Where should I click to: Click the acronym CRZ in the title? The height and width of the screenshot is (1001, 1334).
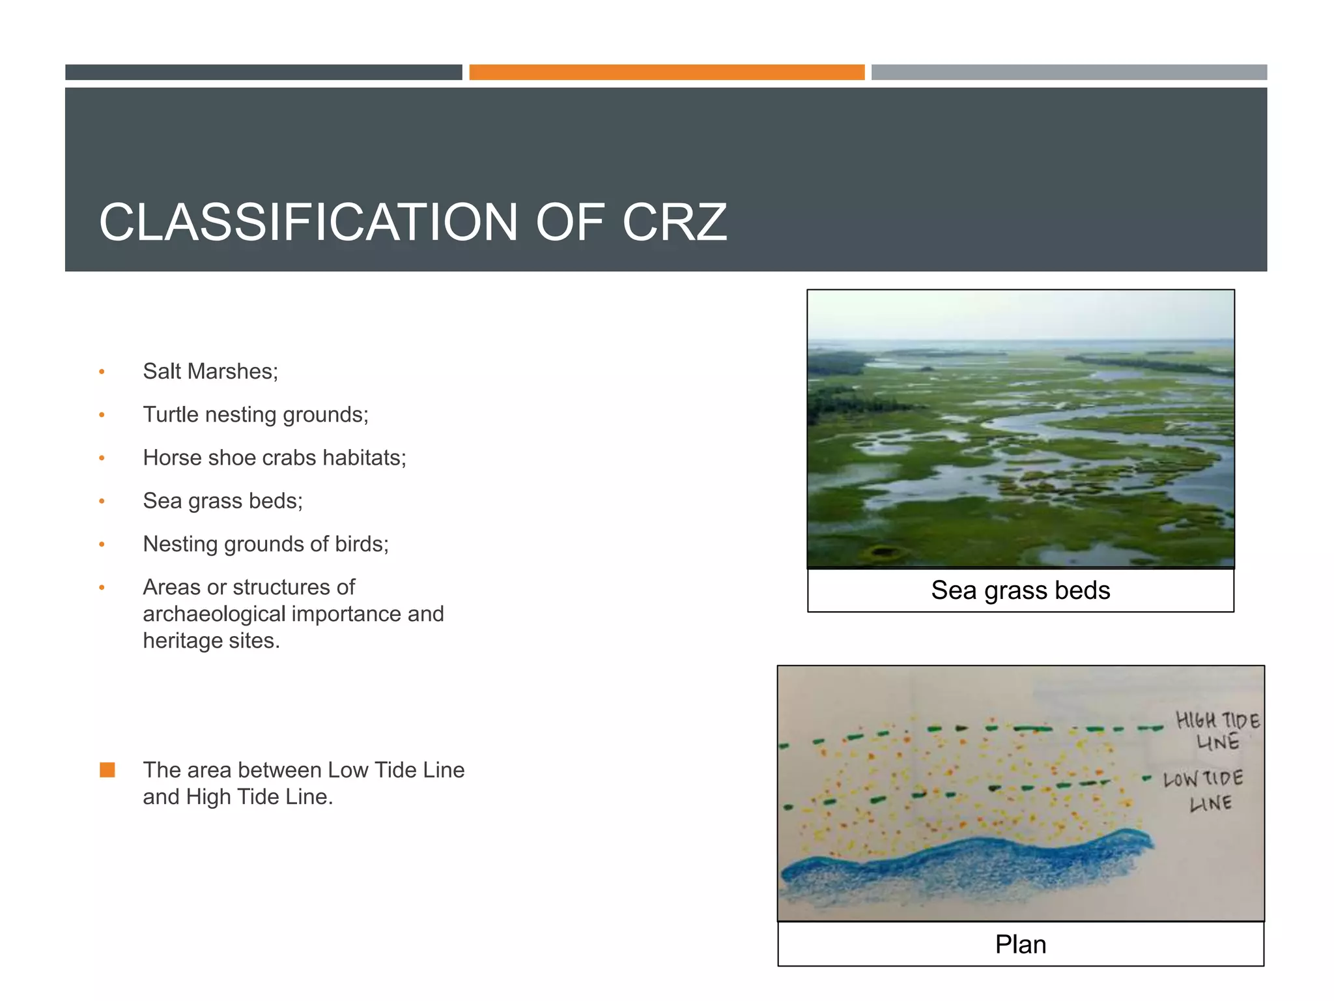click(x=674, y=223)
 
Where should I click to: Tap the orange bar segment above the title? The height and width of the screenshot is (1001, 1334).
click(x=666, y=72)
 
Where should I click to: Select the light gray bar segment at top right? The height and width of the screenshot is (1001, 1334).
click(x=1069, y=72)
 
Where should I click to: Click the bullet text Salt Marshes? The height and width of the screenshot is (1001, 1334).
click(x=210, y=371)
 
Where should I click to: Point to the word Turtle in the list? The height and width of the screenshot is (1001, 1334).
click(x=170, y=414)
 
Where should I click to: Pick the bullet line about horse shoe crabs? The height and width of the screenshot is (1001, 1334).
click(x=274, y=458)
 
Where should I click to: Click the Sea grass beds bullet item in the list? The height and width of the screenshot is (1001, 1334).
click(x=223, y=501)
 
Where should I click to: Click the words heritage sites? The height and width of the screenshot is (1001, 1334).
click(x=211, y=641)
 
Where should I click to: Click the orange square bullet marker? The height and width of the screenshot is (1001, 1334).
click(x=107, y=770)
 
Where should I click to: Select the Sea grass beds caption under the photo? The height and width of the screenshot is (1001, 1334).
click(x=1020, y=590)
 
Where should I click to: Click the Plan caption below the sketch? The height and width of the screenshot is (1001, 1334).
click(x=1020, y=944)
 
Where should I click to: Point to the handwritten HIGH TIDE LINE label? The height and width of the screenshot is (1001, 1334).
click(x=1217, y=731)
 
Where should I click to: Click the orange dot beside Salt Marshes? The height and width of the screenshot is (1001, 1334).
click(x=102, y=372)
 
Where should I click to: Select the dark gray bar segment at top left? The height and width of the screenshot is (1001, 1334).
click(x=263, y=72)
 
